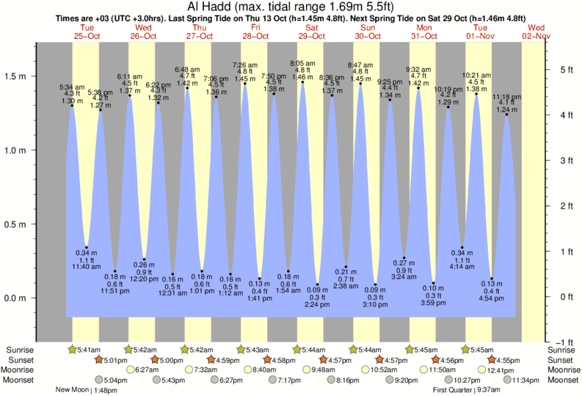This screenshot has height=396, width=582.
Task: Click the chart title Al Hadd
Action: [291, 7]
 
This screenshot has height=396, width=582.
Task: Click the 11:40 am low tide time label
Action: [87, 266]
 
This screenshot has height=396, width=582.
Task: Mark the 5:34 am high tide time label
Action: [72, 87]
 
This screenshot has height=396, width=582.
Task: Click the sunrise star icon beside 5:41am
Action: [72, 349]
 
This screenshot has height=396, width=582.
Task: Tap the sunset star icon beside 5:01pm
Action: [99, 360]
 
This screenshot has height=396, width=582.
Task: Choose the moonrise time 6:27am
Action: [147, 370]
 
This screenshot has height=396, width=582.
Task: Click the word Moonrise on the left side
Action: [19, 370]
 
